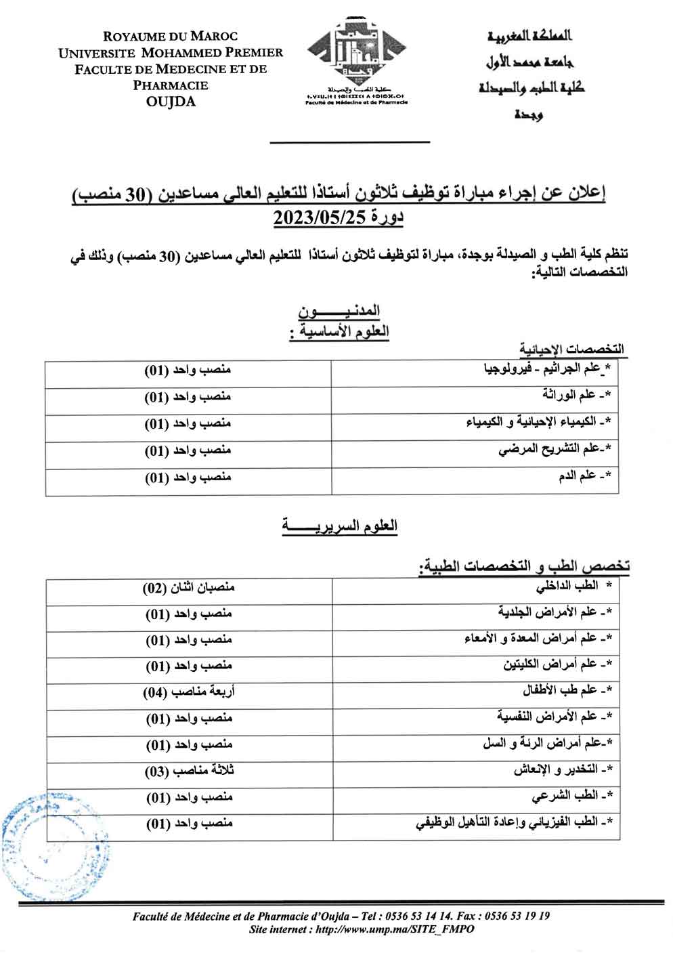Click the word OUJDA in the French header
[171, 102]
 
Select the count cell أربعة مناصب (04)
[189, 692]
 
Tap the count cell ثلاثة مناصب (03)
[189, 771]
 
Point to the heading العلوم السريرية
[339, 526]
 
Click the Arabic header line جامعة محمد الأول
[530, 62]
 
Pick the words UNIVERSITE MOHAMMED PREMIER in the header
[171, 53]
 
